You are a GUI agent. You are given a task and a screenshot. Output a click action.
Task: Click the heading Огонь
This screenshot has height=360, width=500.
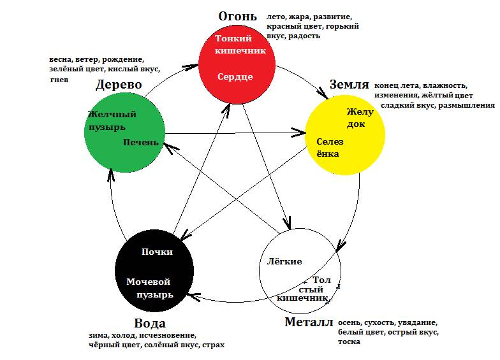[x=237, y=16]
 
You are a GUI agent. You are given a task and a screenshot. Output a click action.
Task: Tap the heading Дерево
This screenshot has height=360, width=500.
[x=119, y=85]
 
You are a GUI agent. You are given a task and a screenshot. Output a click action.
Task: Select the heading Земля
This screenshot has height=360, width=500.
[x=349, y=84]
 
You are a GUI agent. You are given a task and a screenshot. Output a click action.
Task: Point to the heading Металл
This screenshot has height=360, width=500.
[x=309, y=322]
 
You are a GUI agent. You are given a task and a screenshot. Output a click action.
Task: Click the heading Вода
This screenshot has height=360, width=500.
[x=151, y=323]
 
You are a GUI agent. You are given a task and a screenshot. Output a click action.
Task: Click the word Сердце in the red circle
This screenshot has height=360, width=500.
[x=235, y=76]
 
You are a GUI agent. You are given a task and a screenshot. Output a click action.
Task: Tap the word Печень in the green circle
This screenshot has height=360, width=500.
[x=140, y=141]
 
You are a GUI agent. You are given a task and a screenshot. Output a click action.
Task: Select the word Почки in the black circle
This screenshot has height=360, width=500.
[x=158, y=252]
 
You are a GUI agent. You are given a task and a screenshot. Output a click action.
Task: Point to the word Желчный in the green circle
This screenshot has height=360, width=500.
[x=112, y=115]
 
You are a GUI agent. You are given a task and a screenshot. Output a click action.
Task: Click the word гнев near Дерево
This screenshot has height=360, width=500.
[x=59, y=80]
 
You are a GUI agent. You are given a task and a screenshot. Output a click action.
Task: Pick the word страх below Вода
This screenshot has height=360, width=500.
[x=213, y=345]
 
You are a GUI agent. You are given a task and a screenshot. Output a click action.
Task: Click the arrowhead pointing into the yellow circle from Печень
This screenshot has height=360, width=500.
[x=299, y=133]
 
